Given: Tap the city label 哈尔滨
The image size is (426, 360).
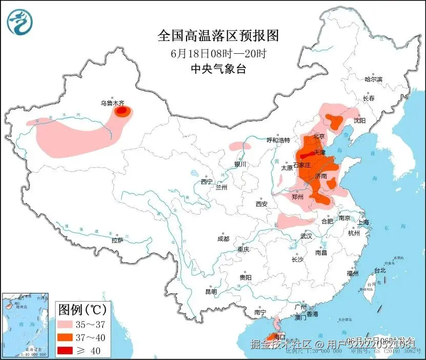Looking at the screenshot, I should [x=374, y=79].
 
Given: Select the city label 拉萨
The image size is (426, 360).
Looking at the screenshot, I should [x=117, y=240].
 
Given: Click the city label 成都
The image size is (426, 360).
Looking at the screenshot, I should [x=223, y=239].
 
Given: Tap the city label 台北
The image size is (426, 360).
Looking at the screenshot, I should [x=380, y=270].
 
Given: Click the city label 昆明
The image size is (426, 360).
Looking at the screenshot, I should [x=211, y=291].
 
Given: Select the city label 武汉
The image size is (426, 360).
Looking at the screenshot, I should [x=306, y=236].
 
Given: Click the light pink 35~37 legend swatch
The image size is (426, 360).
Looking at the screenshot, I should [x=65, y=325].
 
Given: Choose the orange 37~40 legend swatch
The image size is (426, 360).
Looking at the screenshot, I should [x=65, y=337].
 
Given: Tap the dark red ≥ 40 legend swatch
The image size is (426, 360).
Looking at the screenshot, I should [x=65, y=350].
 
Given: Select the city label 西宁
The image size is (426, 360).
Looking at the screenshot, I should [x=207, y=182].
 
